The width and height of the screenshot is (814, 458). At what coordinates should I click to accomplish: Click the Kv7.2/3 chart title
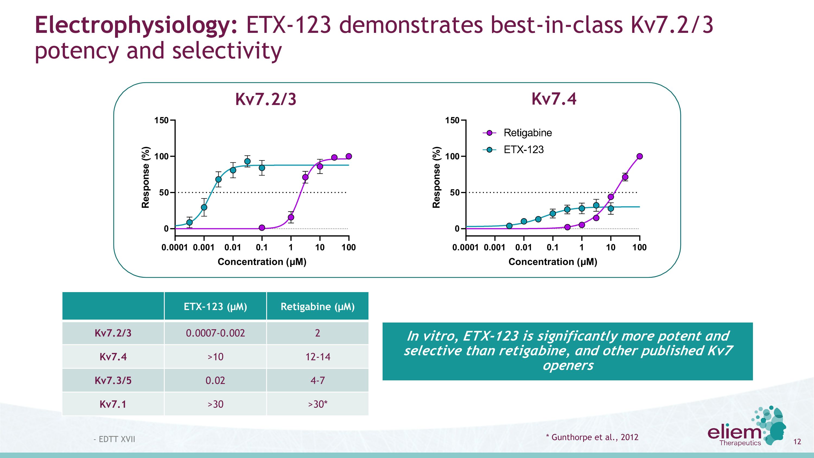pyautogui.click(x=266, y=99)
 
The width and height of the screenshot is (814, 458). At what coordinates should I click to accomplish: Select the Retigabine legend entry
pyautogui.click(x=527, y=133)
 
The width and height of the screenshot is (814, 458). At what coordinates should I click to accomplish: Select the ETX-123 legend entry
pyautogui.click(x=523, y=150)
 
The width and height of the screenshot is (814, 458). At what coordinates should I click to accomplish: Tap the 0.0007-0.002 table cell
pyautogui.click(x=215, y=333)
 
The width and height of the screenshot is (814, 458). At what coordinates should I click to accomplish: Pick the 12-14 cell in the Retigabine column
pyautogui.click(x=317, y=357)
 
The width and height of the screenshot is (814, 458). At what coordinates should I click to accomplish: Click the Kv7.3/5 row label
pyautogui.click(x=113, y=380)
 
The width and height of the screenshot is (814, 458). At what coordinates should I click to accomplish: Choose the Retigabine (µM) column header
pyautogui.click(x=317, y=307)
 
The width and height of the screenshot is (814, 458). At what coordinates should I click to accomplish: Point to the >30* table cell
pyautogui.click(x=317, y=404)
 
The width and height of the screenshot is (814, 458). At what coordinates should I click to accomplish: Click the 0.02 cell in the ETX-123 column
pyautogui.click(x=215, y=380)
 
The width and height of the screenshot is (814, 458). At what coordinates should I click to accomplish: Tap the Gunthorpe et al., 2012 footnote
pyautogui.click(x=592, y=437)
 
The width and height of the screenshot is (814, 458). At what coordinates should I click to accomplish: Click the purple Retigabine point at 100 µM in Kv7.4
pyautogui.click(x=639, y=156)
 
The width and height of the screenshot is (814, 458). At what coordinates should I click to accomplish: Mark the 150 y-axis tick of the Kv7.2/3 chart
pyautogui.click(x=161, y=121)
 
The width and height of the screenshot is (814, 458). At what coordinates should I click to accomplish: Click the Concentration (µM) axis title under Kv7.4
pyautogui.click(x=553, y=262)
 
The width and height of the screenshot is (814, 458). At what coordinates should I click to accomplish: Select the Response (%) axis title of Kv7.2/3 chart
pyautogui.click(x=145, y=177)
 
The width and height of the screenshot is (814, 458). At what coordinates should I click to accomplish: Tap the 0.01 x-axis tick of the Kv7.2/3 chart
pyautogui.click(x=233, y=248)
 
